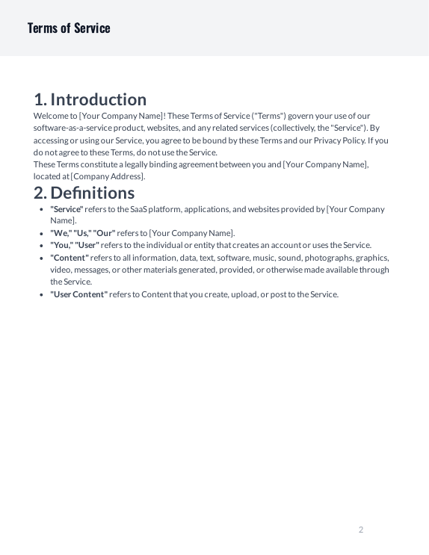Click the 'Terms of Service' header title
point(69,28)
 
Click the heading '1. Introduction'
point(90,99)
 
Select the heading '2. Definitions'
point(84,193)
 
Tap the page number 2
point(361,530)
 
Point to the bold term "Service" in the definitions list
point(67,209)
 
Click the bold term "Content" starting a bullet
point(70,258)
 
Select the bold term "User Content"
point(78,294)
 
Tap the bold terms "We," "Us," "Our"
point(83,233)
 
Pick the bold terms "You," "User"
point(75,245)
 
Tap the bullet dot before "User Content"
point(40,294)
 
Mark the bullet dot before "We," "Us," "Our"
point(40,233)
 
